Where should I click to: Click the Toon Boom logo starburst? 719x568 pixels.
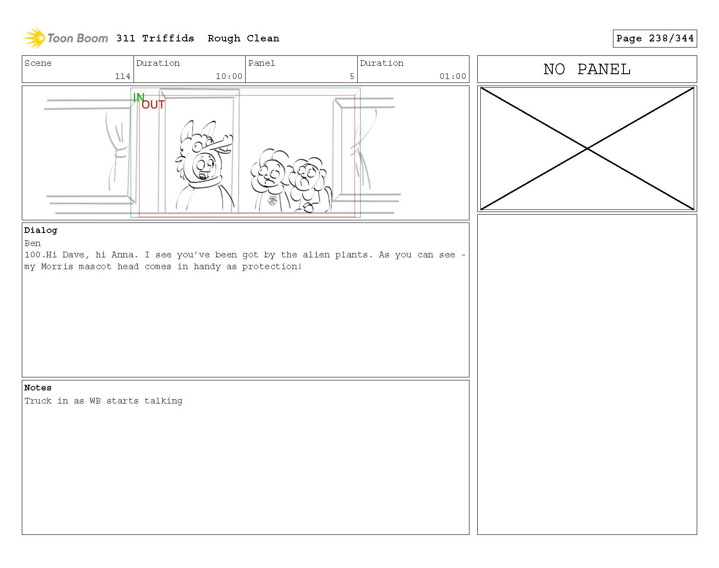pyautogui.click(x=34, y=38)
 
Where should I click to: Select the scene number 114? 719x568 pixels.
pyautogui.click(x=123, y=76)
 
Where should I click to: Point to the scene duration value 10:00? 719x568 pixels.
pyautogui.click(x=229, y=76)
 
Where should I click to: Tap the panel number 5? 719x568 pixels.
pyautogui.click(x=352, y=76)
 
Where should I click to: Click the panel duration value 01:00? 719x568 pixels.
pyautogui.click(x=453, y=76)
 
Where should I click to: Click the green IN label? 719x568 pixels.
pyautogui.click(x=138, y=98)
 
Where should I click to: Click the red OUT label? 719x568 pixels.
pyautogui.click(x=153, y=105)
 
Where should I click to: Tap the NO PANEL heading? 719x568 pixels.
pyautogui.click(x=587, y=69)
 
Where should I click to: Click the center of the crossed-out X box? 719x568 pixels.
pyautogui.click(x=587, y=149)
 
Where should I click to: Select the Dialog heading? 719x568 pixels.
pyautogui.click(x=41, y=230)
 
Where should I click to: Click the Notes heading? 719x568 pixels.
pyautogui.click(x=38, y=388)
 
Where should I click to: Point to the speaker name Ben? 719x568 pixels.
pyautogui.click(x=33, y=243)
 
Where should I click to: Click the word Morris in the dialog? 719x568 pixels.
pyautogui.click(x=57, y=267)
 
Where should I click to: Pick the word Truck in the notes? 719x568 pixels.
pyautogui.click(x=38, y=401)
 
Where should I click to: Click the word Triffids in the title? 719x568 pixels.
pyautogui.click(x=168, y=38)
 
